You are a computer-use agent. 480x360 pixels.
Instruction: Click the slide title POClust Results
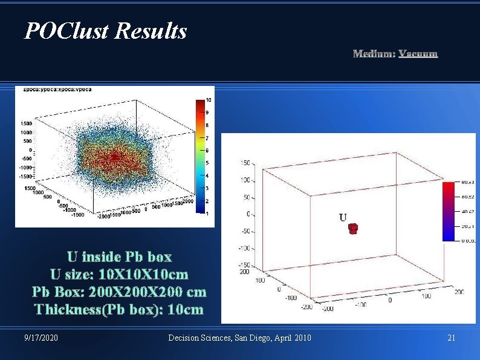[x=106, y=30]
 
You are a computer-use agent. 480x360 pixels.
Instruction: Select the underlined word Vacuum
[x=418, y=54]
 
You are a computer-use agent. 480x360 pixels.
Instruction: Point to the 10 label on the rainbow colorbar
[x=209, y=99]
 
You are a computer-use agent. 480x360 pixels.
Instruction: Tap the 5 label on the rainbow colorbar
[x=208, y=163]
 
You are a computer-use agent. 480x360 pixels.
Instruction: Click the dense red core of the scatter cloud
[x=115, y=159]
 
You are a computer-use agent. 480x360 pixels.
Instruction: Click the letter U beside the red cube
[x=343, y=217]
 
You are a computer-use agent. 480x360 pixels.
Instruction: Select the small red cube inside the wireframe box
[x=354, y=228]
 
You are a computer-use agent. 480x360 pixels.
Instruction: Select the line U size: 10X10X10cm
[x=119, y=274]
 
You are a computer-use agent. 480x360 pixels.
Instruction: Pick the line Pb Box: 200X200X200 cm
[x=119, y=292]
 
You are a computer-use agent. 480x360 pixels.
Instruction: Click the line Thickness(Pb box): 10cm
[x=119, y=310]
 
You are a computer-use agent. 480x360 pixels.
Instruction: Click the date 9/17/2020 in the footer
[x=42, y=338]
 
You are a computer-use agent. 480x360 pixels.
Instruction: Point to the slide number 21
[x=451, y=338]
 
